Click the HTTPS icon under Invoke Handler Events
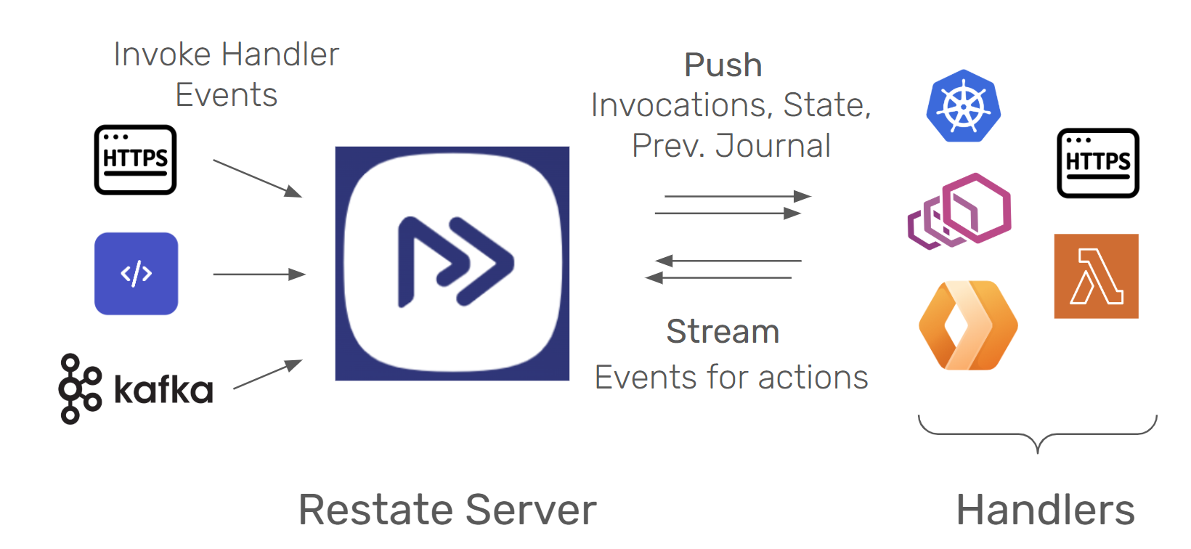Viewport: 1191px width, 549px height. [136, 160]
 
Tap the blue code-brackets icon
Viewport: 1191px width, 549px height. [137, 274]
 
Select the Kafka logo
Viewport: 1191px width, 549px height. [137, 389]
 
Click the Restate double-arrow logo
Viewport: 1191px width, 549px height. [452, 262]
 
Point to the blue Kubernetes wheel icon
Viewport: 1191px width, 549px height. [964, 106]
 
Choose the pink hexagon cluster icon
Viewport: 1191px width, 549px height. [960, 211]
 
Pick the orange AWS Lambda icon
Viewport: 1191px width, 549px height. [1097, 276]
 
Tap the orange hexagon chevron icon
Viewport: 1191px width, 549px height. [968, 325]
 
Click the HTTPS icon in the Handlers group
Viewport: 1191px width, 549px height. [1098, 163]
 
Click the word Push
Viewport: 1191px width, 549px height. [723, 65]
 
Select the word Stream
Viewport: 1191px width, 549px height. [723, 332]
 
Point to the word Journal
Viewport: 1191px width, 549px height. [773, 146]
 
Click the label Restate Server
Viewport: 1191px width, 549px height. [447, 510]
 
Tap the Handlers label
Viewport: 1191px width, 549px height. [1046, 510]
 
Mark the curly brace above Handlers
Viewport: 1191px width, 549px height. [1038, 434]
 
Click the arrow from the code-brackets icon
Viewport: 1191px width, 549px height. [259, 274]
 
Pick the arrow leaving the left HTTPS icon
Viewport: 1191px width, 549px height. [257, 178]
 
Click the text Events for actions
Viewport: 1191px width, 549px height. [731, 378]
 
